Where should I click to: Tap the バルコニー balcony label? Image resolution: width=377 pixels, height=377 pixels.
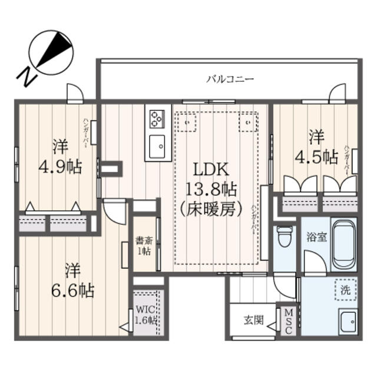point(230,79)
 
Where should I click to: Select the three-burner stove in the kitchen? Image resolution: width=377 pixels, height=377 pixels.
point(157,119)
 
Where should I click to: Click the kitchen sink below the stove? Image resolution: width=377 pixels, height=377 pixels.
point(157,146)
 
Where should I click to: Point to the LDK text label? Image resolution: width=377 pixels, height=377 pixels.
point(211,169)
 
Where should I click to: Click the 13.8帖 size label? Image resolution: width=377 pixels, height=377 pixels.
point(211,189)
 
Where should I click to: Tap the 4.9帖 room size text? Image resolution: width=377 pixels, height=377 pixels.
point(60,166)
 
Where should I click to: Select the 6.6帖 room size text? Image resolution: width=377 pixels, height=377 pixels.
point(72,290)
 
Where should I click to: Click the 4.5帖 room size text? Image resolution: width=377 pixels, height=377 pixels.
point(317,158)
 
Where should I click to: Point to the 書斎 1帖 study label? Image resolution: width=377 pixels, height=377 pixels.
point(144,246)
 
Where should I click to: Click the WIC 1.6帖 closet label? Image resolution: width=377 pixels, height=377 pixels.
point(146,315)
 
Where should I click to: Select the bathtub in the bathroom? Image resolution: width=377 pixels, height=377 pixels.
point(343,244)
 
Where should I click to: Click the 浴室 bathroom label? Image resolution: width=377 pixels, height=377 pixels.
point(316,237)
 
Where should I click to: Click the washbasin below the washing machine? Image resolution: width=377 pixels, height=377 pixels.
point(348,322)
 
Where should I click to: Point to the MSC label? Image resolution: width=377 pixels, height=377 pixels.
point(288,322)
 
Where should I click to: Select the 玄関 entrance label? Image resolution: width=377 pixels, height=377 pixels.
point(254,320)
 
